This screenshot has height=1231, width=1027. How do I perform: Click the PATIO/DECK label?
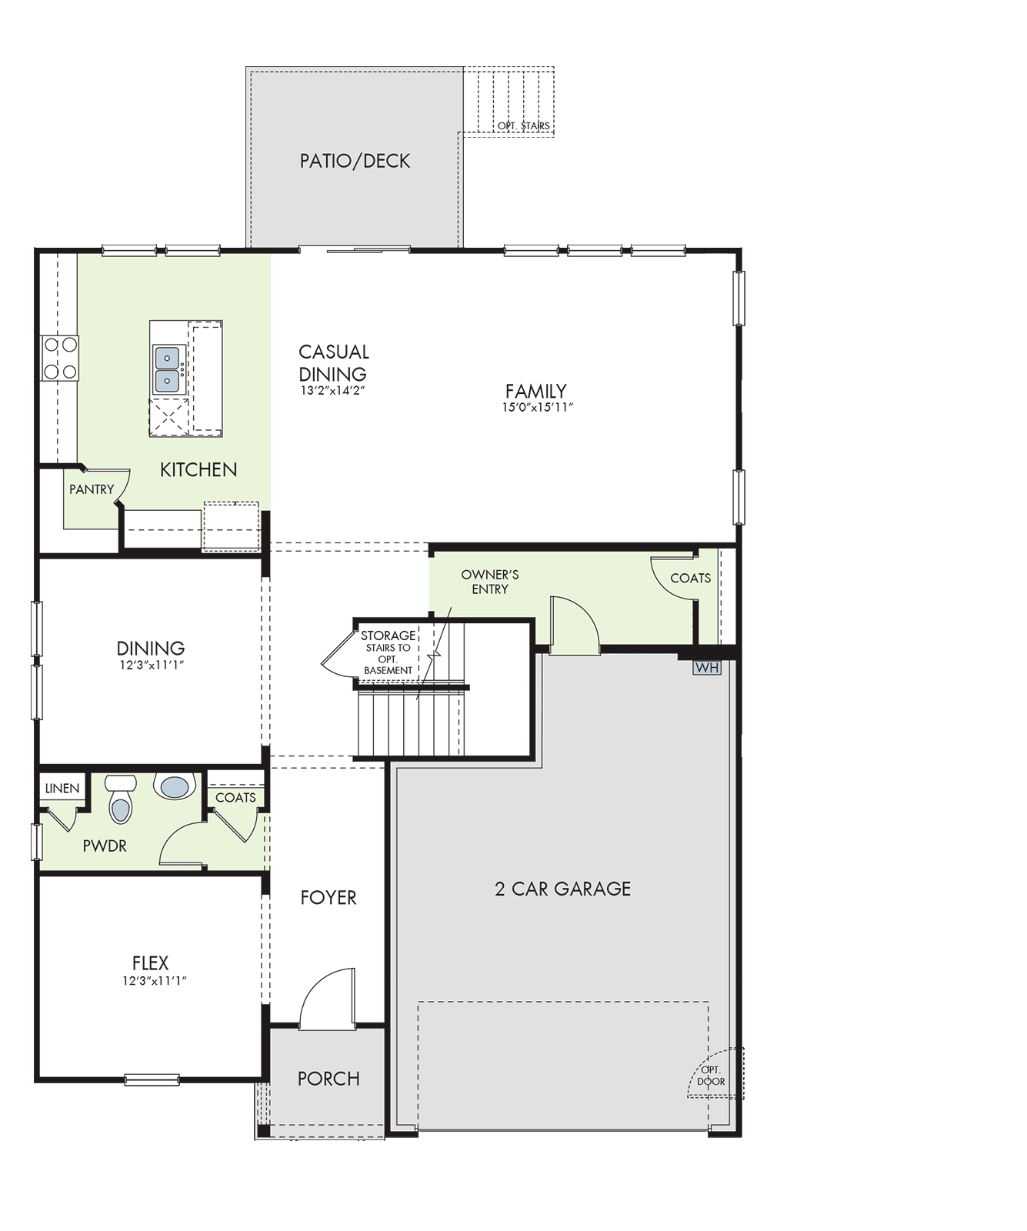tap(355, 161)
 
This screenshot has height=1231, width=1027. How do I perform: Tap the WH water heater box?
tap(707, 668)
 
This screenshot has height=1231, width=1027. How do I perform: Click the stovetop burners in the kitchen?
tap(60, 358)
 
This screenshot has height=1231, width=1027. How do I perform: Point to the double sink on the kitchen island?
tap(168, 369)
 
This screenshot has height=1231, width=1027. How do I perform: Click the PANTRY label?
tap(92, 489)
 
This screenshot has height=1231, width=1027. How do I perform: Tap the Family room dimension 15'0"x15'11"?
tap(538, 408)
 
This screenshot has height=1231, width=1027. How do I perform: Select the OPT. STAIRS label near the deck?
tap(524, 125)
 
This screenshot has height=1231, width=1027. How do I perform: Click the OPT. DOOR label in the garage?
tap(712, 1075)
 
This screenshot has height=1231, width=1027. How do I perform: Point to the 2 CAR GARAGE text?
tap(563, 889)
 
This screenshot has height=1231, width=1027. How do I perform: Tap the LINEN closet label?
tap(62, 789)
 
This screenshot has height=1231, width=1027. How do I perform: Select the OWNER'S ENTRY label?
tap(490, 582)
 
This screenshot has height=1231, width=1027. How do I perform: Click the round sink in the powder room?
tap(174, 786)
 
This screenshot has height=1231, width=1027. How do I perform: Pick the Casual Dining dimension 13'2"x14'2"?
tap(332, 390)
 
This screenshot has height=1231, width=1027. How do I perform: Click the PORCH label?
tap(328, 1079)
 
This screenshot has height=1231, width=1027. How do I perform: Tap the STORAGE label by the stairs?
tap(388, 636)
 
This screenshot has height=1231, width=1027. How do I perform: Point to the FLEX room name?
tap(150, 962)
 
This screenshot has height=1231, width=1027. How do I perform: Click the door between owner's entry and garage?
tap(575, 625)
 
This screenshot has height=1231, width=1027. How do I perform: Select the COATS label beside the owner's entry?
tap(691, 578)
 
